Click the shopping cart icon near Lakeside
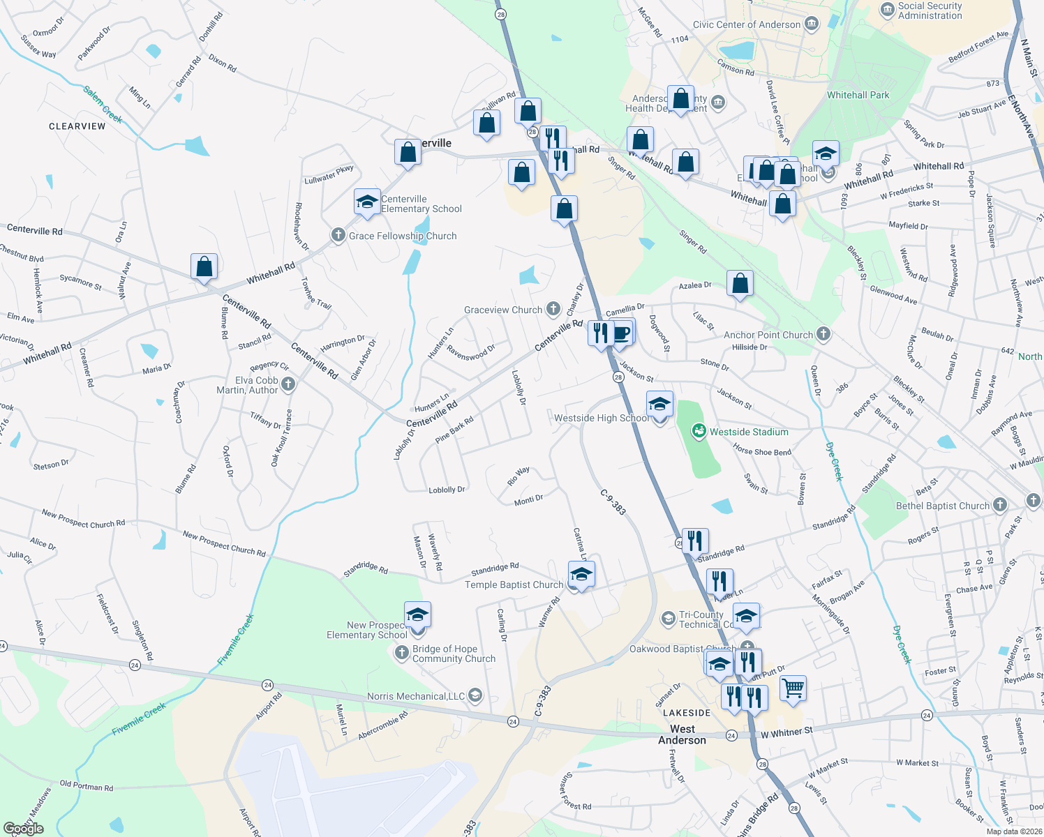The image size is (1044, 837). pos(793,688)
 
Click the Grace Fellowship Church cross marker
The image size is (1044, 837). pos(338,235)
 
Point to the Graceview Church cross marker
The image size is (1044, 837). pos(553,309)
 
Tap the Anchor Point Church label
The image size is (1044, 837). pos(768,335)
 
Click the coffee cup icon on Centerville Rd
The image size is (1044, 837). pos(621,333)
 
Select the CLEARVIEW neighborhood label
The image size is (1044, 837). pos(77,126)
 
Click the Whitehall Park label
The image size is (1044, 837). pos(858,95)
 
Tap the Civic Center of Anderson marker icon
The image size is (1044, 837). pos(811,24)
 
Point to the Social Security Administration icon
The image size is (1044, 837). pos(888,10)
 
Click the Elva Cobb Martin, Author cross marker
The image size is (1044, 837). pos(288,384)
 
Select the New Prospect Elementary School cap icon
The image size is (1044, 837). pos(417,615)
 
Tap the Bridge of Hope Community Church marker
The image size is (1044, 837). pos(401,653)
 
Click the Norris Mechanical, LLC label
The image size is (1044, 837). pos(416,696)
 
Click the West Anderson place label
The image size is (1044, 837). pos(682,734)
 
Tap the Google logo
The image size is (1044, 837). pos(24,828)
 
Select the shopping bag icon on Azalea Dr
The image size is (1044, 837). pos(740,283)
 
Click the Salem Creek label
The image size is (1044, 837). pos(103,104)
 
